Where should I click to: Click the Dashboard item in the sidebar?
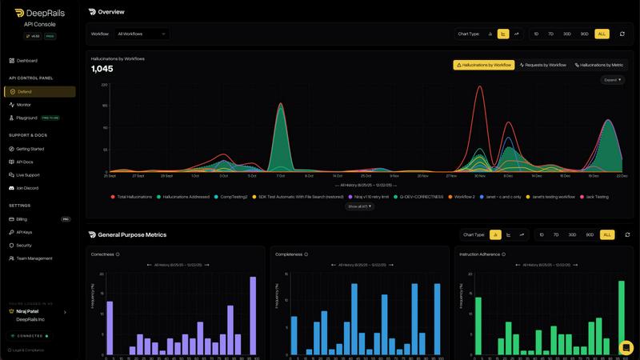tap(27, 61)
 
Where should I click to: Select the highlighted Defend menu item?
tap(25, 92)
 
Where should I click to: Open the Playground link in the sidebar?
tap(27, 118)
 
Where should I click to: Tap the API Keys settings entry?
tap(25, 232)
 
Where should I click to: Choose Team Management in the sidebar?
tap(34, 258)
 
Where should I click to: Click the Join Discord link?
tap(27, 188)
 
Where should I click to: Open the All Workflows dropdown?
tap(142, 34)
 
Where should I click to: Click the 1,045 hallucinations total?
tap(102, 69)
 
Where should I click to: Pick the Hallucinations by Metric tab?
tap(599, 65)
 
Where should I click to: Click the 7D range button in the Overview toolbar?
tap(554, 34)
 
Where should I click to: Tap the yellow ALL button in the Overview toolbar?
tap(602, 34)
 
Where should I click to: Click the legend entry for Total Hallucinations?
tap(133, 196)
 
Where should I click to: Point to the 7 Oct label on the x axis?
tap(280, 175)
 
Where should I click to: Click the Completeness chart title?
tap(289, 254)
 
